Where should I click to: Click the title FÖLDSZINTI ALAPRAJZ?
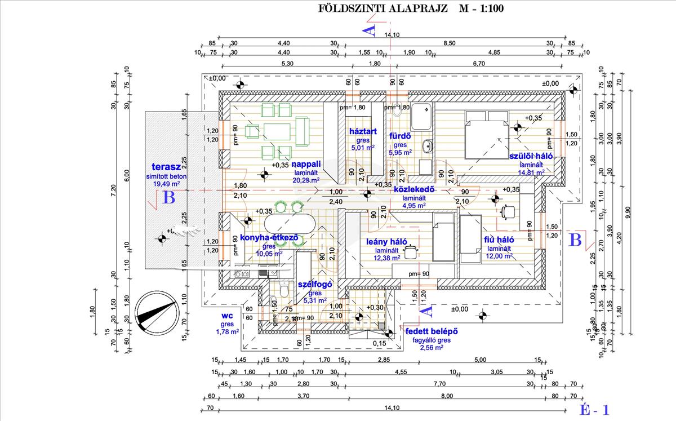coord(383,8)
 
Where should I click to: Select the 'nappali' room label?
coord(306,164)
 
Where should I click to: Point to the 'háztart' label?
coord(362,131)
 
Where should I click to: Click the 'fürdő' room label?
coord(399,136)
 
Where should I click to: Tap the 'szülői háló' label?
coord(530,156)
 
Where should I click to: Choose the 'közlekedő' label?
coord(417,189)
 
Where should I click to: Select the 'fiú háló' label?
coord(499,240)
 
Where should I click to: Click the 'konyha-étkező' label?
coord(268,238)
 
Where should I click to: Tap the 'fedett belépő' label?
coord(431,331)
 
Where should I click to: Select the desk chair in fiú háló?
coord(508,211)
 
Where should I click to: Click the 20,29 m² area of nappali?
coord(306,180)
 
